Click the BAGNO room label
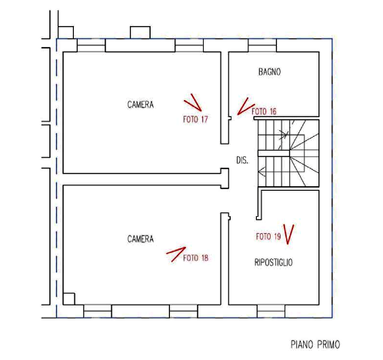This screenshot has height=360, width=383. point(269,72)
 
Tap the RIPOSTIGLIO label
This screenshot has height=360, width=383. point(273,262)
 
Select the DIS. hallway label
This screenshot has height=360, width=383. point(242,160)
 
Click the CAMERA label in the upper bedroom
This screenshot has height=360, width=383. point(141,105)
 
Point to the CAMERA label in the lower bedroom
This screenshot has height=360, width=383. point(141,239)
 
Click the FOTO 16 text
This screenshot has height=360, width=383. point(264,112)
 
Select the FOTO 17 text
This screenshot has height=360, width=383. point(195,119)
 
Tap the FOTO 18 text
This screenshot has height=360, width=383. point(195,258)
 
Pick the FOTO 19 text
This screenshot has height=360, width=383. point(268,236)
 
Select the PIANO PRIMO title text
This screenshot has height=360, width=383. point(315,345)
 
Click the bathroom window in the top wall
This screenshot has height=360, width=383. point(262,45)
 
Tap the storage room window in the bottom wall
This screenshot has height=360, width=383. point(271,312)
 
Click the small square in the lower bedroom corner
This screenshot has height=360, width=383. point(69,298)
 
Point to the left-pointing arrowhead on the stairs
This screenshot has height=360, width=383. point(261,172)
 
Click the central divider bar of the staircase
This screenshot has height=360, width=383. point(274,153)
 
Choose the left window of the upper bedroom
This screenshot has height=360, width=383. point(91,45)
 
